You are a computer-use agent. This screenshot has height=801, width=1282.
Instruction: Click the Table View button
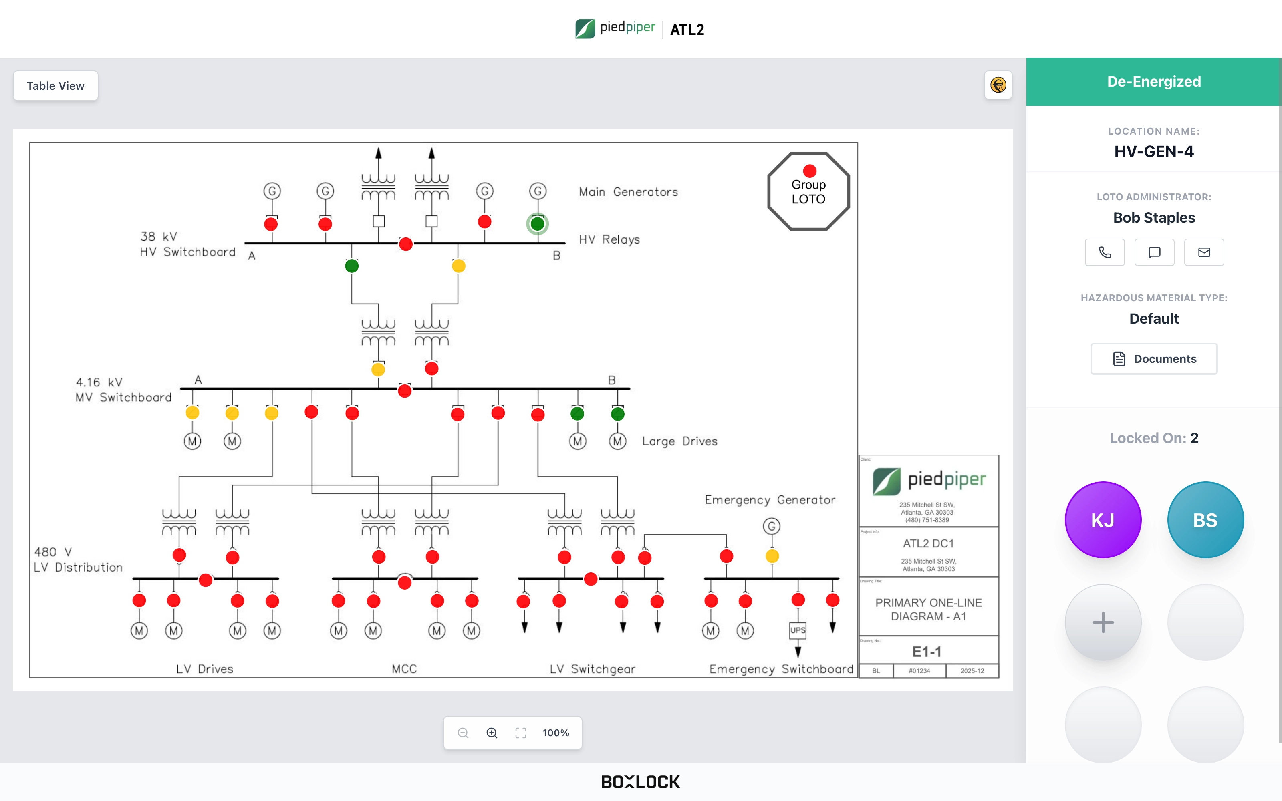(x=56, y=86)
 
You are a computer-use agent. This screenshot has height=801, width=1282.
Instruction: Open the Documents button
(x=1154, y=359)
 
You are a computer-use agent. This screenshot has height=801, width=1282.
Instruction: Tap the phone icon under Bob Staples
(x=1105, y=252)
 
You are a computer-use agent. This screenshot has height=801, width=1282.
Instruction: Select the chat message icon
(x=1154, y=252)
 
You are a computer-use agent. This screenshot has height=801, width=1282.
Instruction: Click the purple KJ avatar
(x=1103, y=520)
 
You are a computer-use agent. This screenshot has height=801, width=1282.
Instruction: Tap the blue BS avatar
(x=1205, y=520)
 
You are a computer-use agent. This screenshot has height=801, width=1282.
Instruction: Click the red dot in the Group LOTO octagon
(x=809, y=171)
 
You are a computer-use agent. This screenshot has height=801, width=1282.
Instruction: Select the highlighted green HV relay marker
(x=537, y=223)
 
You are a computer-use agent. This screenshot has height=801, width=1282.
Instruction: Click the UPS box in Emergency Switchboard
(x=798, y=630)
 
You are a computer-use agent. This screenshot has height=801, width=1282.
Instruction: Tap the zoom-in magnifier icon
(x=492, y=733)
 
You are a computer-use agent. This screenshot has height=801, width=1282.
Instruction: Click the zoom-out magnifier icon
(x=463, y=733)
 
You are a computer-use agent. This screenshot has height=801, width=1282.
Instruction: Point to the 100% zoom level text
(x=556, y=733)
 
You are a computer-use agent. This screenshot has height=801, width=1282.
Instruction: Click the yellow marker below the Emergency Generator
(x=772, y=556)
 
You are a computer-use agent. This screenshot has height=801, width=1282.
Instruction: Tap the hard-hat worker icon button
(x=998, y=85)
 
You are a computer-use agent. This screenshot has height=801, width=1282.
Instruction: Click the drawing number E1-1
(x=927, y=651)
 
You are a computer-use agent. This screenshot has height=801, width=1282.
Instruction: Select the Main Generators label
(x=628, y=192)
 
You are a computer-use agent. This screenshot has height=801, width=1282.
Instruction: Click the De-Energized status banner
(x=1154, y=82)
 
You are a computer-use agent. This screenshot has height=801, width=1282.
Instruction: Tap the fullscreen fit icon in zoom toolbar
(x=521, y=733)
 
